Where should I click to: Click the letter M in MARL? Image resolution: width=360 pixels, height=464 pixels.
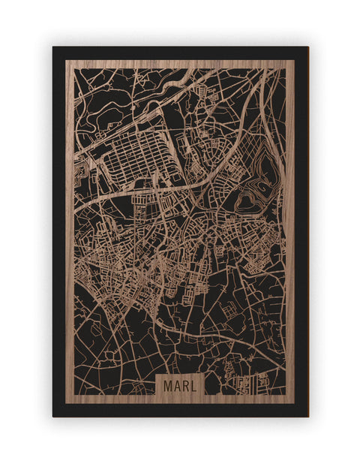coord(166,386)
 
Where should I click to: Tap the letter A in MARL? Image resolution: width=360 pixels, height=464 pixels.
coord(175,386)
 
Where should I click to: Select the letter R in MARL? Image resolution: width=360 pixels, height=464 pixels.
coord(185,386)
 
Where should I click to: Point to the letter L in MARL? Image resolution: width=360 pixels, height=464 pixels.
coord(194,386)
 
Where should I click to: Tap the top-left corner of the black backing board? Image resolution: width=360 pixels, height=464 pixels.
coord(53,47)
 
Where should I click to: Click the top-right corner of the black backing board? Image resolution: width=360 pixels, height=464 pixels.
coord(307,47)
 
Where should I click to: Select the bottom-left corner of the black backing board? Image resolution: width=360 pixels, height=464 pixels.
coord(53,416)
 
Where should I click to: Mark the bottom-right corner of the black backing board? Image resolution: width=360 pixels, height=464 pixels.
coord(307,416)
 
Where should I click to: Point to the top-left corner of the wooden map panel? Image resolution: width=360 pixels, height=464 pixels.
coord(66,61)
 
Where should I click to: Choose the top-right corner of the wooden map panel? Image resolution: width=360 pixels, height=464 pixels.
coord(295,61)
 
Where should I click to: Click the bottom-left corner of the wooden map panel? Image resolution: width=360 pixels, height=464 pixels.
coord(66,403)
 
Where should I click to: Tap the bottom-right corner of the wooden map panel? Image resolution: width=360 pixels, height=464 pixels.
coord(295,403)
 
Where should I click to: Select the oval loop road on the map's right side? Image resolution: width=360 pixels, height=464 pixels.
coord(247,199)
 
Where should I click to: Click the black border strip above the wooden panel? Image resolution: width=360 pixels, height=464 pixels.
coord(180,53)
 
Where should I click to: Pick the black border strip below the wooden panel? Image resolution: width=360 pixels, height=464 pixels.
coord(180,410)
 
